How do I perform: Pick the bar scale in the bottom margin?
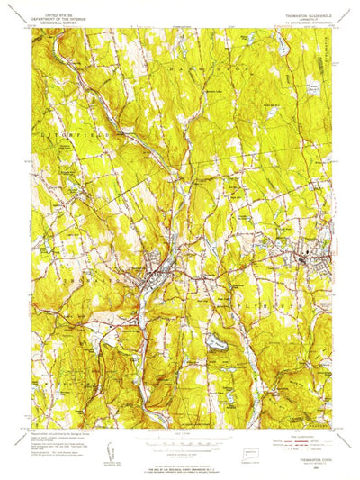(x=180, y=443)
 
